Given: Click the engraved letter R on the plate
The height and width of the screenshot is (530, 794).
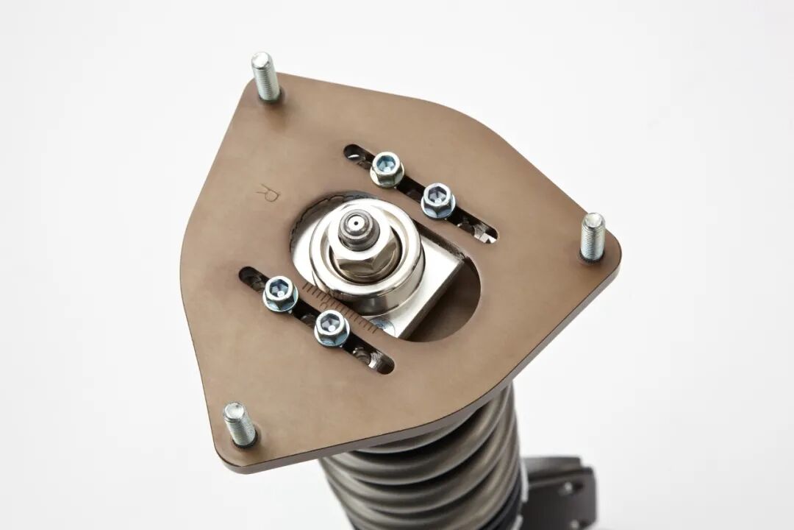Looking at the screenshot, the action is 268,194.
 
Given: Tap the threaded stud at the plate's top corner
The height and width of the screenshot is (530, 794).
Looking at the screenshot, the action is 266,77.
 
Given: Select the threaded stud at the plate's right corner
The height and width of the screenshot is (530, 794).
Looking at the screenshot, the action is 592,237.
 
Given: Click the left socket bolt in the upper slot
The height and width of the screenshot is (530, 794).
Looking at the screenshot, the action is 387,169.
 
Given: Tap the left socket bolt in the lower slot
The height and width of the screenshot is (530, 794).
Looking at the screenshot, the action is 280,294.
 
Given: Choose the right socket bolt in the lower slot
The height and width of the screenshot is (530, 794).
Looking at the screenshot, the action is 332,328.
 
